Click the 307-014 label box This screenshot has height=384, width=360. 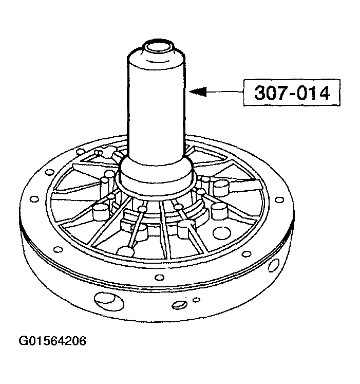click(x=292, y=93)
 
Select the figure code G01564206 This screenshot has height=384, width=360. click(x=52, y=341)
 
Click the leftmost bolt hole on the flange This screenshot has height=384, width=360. click(x=34, y=199)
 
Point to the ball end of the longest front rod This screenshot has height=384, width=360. click(x=125, y=250)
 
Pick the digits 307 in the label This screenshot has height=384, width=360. click(x=273, y=93)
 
